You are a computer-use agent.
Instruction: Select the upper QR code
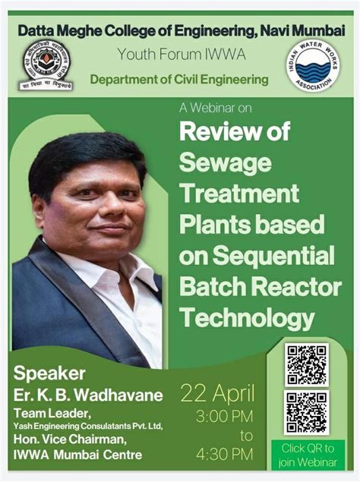tap(306, 365)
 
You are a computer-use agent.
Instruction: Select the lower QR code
tap(306, 412)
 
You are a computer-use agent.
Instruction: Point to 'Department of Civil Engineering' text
tap(179, 79)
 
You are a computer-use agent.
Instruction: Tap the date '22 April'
tap(217, 393)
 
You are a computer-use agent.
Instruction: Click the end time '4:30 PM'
tap(225, 454)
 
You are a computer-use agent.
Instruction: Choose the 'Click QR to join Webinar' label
tap(308, 453)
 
